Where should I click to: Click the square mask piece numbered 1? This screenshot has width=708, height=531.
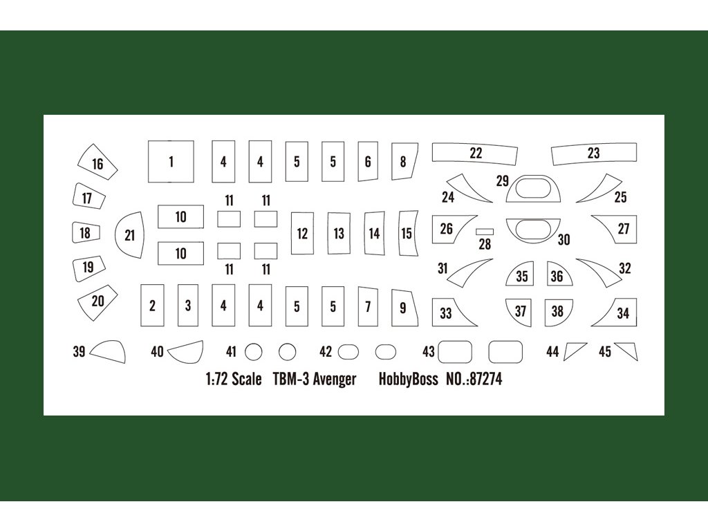pos(171,162)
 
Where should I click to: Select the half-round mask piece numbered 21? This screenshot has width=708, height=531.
pos(129,235)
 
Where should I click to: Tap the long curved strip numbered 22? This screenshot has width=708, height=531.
pos(475,153)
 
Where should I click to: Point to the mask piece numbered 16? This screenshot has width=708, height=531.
pos(97,164)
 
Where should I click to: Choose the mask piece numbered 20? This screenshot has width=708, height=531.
pos(97,301)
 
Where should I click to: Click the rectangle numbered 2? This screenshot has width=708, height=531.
pos(152,305)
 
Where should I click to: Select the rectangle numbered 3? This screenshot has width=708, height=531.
pos(188,305)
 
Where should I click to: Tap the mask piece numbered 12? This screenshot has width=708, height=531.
pos(302,234)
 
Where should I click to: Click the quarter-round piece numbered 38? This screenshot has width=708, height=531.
pos(557,311)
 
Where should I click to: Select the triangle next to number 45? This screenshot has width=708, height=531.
pos(626,351)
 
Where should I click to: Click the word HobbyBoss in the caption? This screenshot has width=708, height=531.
pos(408,380)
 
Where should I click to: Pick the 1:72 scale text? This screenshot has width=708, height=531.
pos(233,380)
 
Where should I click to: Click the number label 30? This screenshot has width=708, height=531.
pos(563,239)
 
